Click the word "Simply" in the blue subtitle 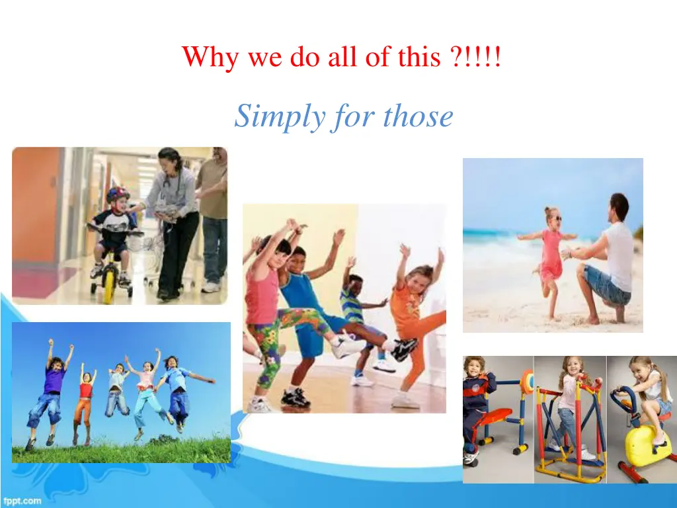pos(269,118)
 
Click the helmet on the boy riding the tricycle pos(117,195)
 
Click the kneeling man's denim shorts pos(604,285)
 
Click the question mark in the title pos(454,58)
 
